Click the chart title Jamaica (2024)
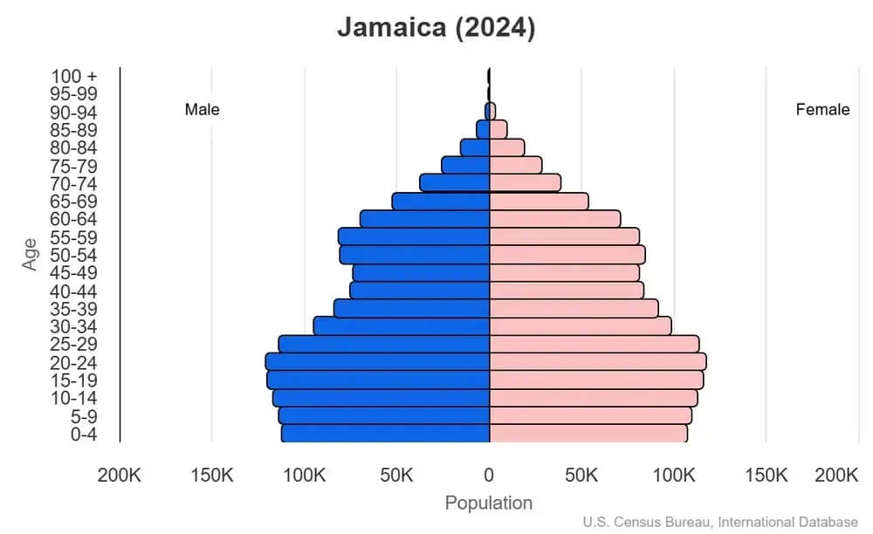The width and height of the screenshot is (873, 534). point(436,28)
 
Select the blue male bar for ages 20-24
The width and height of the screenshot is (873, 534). point(377,361)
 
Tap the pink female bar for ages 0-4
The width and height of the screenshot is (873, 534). point(588,433)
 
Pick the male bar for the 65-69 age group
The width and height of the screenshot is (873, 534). point(441,202)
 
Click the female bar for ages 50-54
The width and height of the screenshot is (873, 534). point(567,255)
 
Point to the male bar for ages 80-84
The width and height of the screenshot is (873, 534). point(475,147)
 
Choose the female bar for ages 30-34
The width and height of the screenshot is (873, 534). point(580,325)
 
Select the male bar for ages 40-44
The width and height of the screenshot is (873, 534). point(420,291)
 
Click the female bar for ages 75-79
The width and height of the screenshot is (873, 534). point(515,165)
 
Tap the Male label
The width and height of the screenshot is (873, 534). point(202,110)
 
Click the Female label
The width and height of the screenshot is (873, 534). point(822,110)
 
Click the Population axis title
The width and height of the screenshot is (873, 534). point(488,503)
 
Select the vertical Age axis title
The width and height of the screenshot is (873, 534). point(31,254)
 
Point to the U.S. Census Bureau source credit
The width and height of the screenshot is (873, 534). point(720,522)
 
